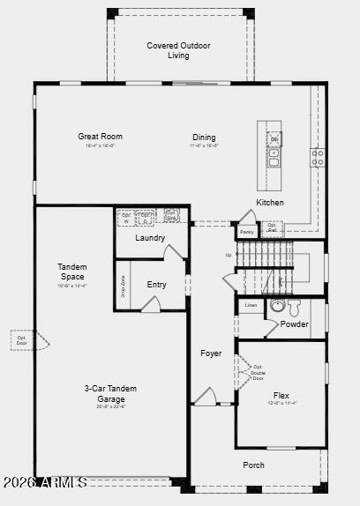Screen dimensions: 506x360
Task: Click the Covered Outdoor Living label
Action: [x=179, y=50]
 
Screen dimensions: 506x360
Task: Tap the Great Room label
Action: [x=100, y=137]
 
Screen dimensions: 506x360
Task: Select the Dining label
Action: [x=204, y=137]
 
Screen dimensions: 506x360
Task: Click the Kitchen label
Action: [x=270, y=203]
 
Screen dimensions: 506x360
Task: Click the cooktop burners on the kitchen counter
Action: [x=317, y=158]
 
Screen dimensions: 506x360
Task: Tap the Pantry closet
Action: [x=246, y=232]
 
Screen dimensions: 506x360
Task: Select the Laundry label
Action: [x=150, y=238]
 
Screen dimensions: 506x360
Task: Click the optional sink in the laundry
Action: [x=172, y=215]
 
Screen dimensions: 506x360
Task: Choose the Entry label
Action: [x=156, y=285]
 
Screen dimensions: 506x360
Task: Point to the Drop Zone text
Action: [x=123, y=285]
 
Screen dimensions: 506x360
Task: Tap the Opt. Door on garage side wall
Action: [x=20, y=339]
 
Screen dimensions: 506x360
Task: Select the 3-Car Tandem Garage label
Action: [x=110, y=393]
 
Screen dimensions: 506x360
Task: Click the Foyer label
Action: [x=211, y=353]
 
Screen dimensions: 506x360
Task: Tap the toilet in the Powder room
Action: [x=295, y=306]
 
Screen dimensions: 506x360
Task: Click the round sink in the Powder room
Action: [x=277, y=307]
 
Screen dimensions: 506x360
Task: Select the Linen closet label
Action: [x=251, y=305]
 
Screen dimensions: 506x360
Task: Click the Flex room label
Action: [x=281, y=396]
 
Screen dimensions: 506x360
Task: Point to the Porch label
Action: [x=254, y=465]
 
